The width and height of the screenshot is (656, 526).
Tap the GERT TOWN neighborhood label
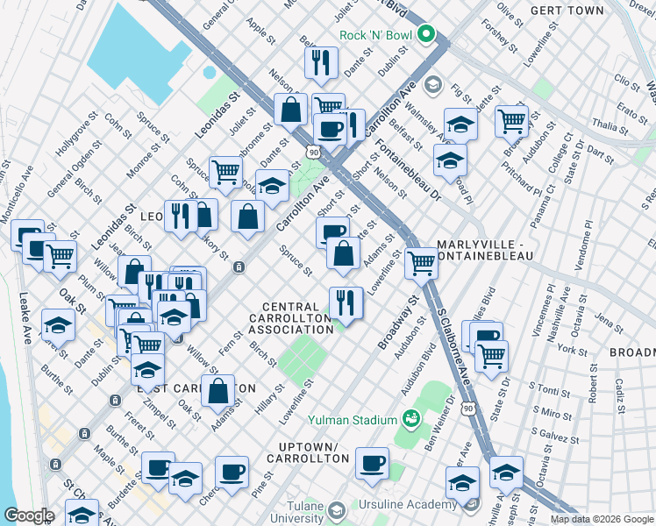(x=567, y=11)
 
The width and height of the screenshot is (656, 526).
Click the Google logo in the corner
(x=30, y=515)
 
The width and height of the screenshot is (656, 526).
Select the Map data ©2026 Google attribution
(x=602, y=519)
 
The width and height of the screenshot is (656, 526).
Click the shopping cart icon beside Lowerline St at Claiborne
(x=422, y=262)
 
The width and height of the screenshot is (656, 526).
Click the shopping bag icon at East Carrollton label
(x=218, y=390)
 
